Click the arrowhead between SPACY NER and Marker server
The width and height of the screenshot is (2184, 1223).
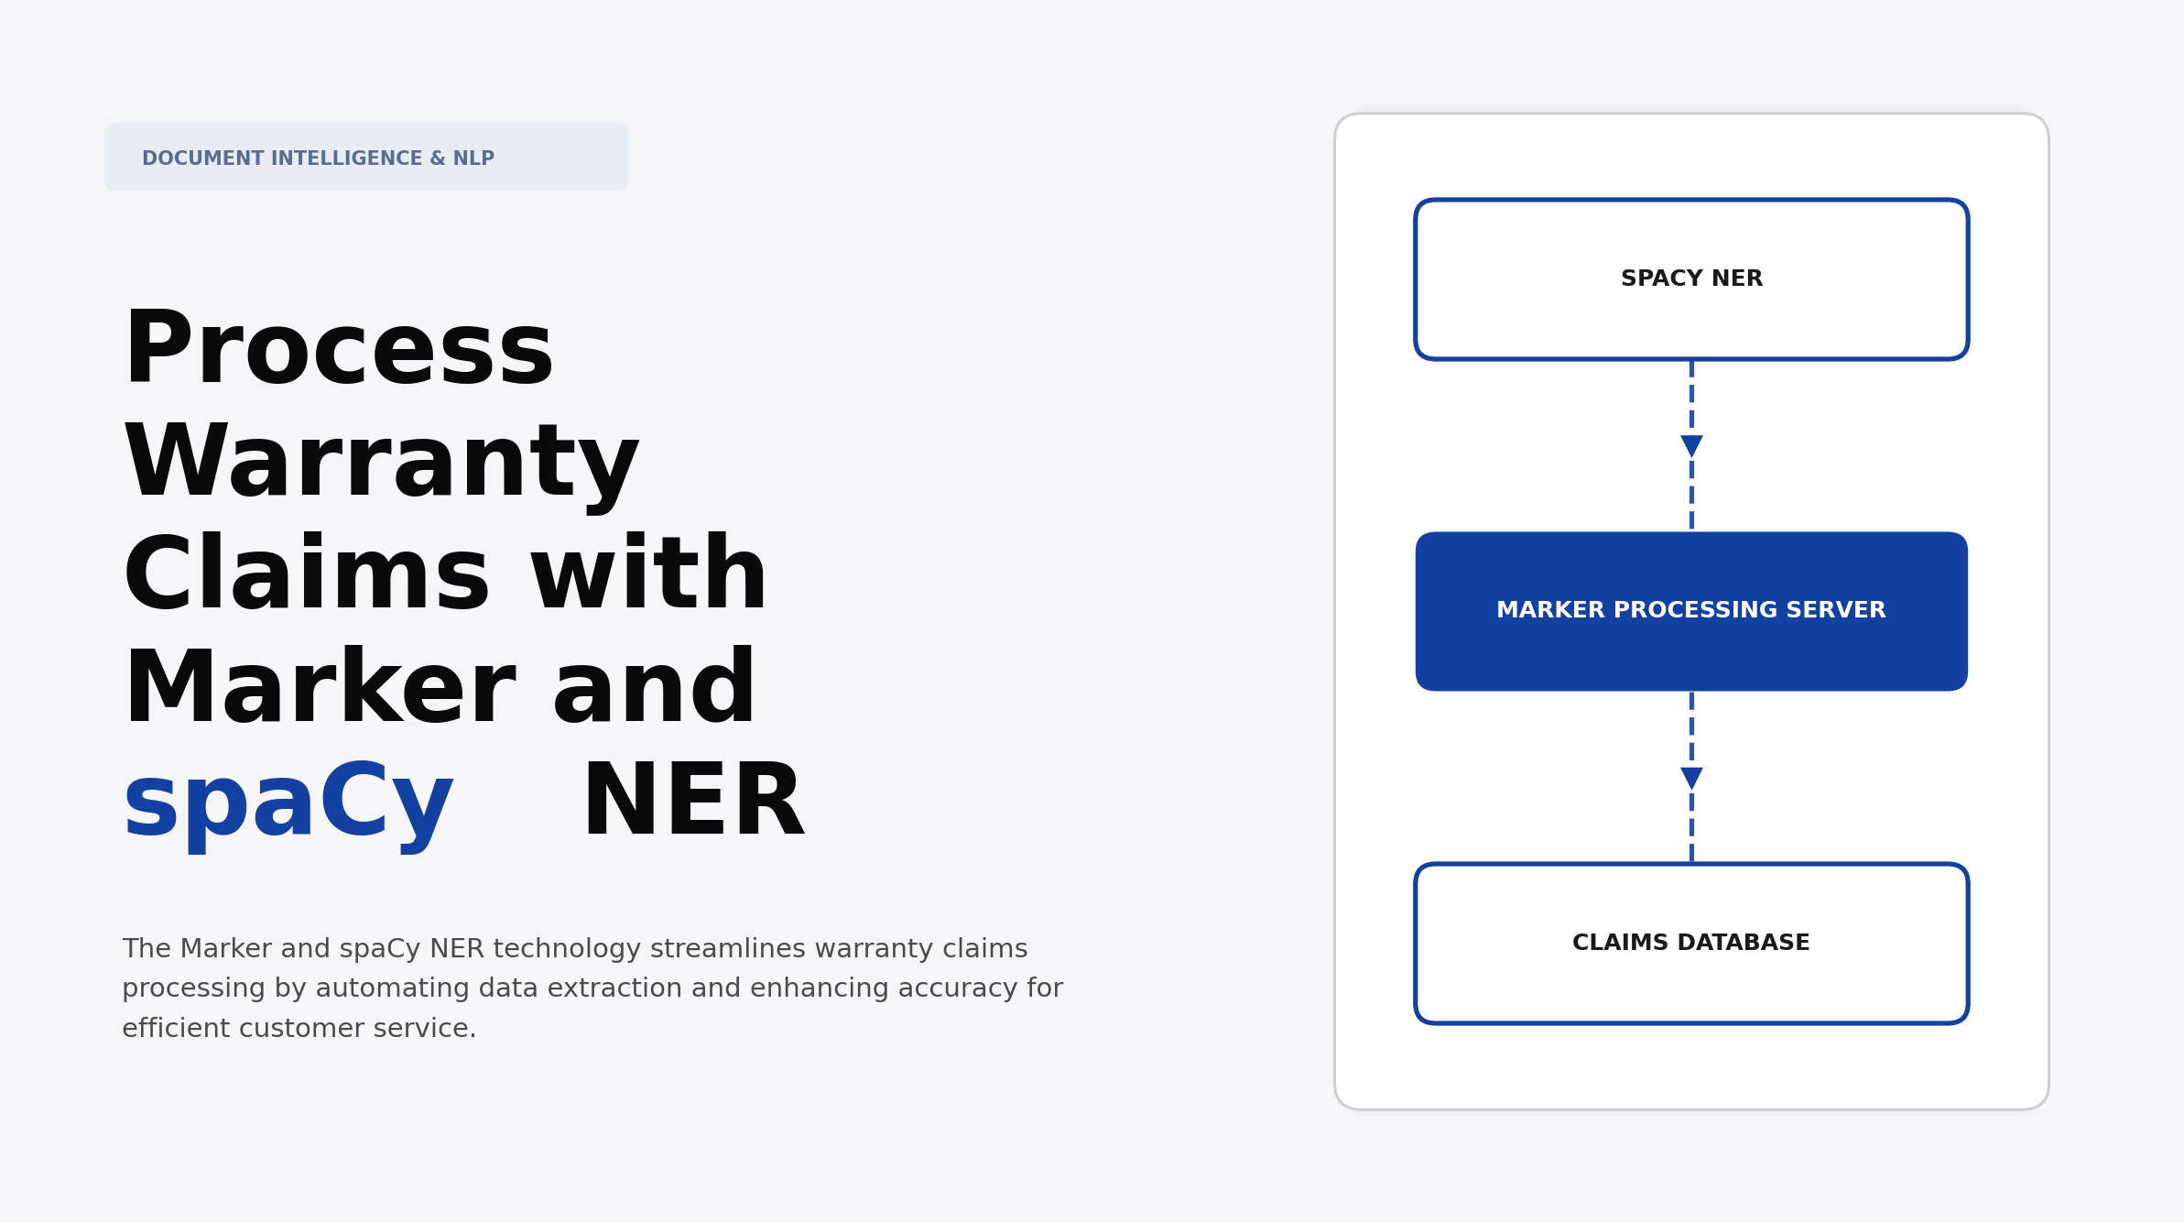1691,446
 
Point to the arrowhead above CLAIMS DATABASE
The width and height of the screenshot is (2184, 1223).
1691,779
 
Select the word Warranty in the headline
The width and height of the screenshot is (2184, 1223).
381,464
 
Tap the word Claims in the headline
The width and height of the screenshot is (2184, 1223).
306,576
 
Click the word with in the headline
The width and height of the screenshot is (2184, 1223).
648,576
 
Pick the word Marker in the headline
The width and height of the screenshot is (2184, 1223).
319,689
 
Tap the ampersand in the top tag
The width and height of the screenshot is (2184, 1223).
437,158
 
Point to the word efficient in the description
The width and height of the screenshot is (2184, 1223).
176,1029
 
